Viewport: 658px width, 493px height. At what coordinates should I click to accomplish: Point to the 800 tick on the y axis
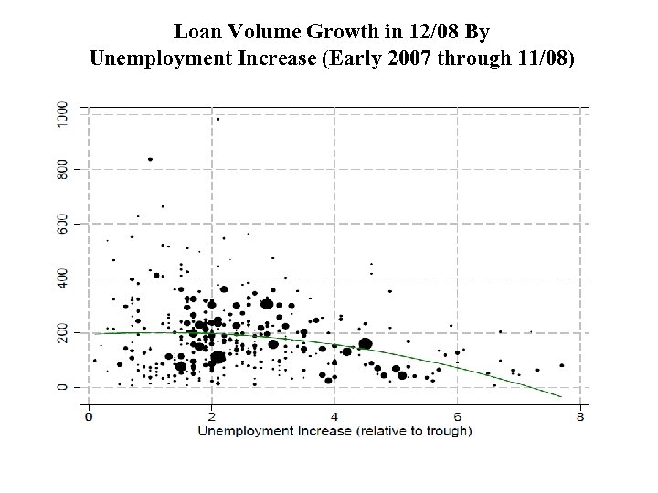click(x=61, y=169)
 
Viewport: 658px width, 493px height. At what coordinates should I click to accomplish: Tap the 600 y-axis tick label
click(x=61, y=224)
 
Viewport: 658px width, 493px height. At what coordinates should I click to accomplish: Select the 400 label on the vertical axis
click(x=61, y=278)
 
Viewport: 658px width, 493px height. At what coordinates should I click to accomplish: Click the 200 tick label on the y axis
click(x=61, y=332)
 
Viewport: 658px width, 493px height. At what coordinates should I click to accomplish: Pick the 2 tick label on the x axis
click(x=211, y=417)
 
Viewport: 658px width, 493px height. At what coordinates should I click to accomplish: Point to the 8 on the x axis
click(x=580, y=417)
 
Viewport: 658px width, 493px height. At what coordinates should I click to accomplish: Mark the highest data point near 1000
click(x=218, y=119)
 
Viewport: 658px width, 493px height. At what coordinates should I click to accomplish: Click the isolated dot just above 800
click(x=150, y=159)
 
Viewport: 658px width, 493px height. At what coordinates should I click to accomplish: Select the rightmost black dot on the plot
click(x=561, y=365)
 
